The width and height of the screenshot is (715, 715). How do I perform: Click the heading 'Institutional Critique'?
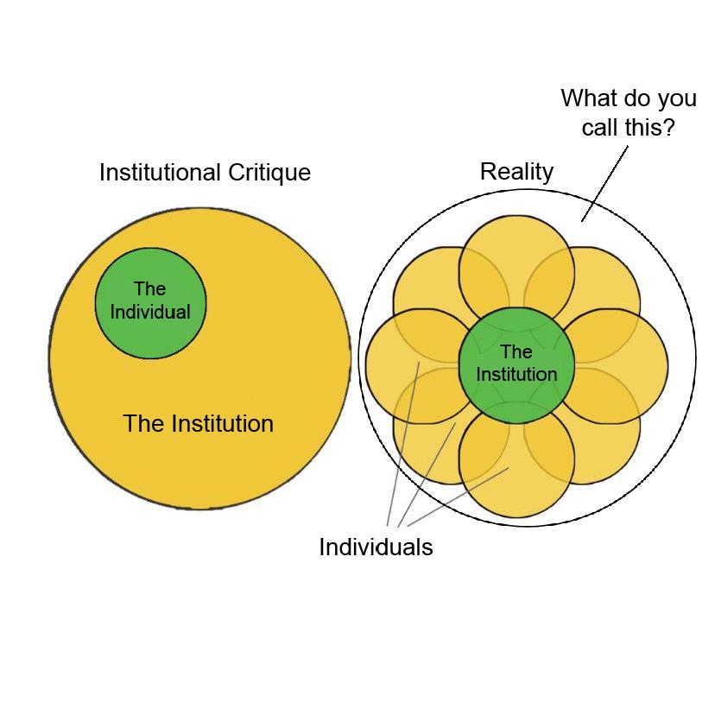coord(205,173)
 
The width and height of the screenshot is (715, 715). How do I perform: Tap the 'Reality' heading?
coord(516,172)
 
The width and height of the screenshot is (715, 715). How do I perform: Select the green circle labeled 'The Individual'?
coord(150,302)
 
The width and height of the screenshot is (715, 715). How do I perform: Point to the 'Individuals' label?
coord(376,547)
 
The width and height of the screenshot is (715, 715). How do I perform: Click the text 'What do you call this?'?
coord(628,112)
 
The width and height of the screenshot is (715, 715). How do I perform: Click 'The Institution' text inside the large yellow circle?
coord(198,424)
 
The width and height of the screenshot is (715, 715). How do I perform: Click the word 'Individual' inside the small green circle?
coord(150,312)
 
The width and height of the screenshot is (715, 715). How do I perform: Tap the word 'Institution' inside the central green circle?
coord(516,375)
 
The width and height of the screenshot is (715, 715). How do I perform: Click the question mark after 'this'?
coord(668,128)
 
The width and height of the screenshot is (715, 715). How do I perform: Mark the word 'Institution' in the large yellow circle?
coord(223,424)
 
